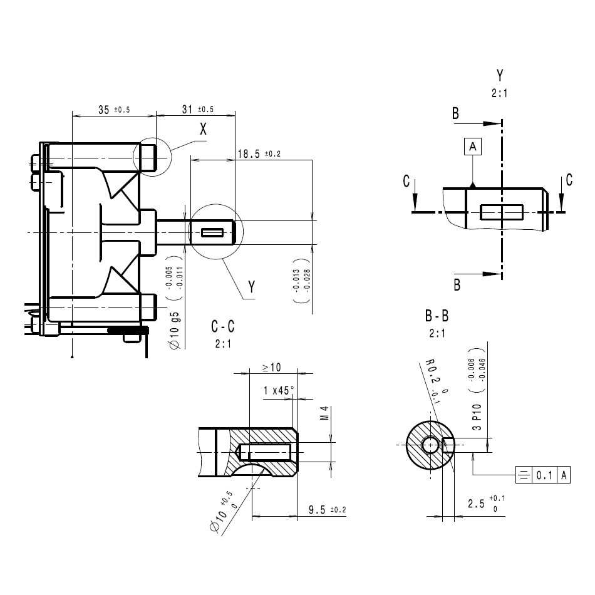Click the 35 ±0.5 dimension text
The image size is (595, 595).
tap(113, 110)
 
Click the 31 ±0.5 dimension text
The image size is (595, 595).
tap(197, 109)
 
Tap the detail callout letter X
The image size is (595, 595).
tap(203, 130)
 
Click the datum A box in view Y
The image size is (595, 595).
tap(473, 147)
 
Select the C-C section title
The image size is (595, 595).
tap(223, 326)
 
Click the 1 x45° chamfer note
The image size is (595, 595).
tap(279, 390)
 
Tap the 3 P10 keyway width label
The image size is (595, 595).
tap(476, 417)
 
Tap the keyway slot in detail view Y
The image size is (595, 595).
tap(501, 212)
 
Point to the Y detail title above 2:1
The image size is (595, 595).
tap(500, 76)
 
